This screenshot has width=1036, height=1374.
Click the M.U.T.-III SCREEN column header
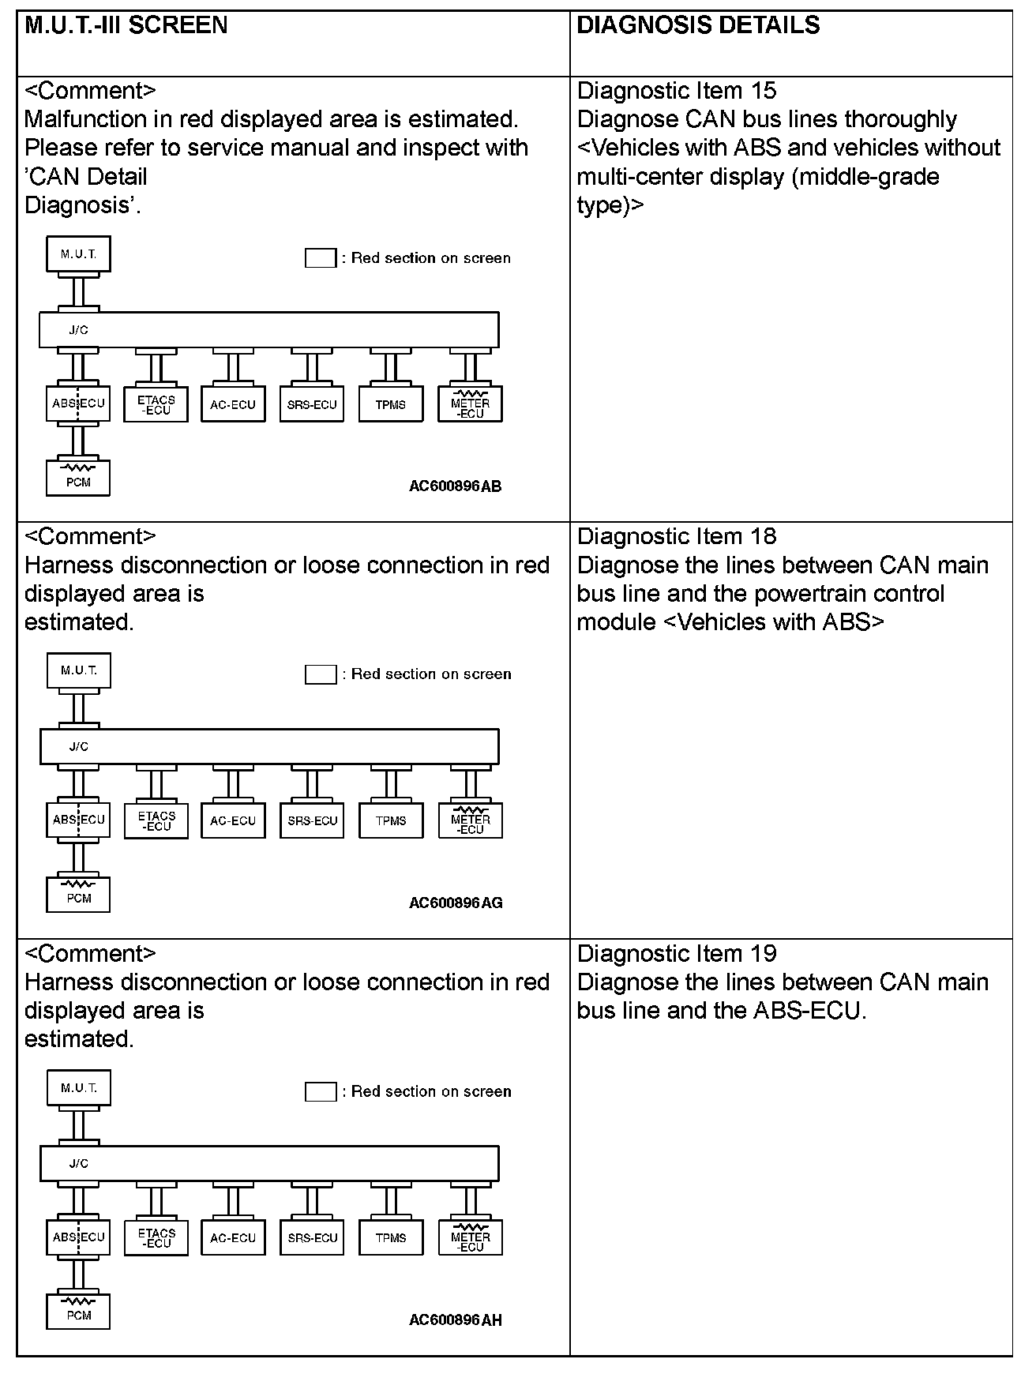[126, 25]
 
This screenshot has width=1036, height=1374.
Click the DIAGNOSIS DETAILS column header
[698, 25]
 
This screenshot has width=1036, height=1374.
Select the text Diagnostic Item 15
[677, 91]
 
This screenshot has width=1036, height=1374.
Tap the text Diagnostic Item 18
[677, 537]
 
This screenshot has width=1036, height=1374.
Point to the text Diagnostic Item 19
[677, 954]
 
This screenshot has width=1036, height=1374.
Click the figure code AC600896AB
[455, 486]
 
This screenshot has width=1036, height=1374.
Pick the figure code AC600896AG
[456, 903]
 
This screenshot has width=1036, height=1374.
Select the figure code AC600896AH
[456, 1320]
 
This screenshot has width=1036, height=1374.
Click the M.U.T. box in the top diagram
[78, 254]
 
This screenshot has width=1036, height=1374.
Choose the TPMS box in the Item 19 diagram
[391, 1238]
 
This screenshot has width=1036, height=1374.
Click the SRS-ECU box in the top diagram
[312, 404]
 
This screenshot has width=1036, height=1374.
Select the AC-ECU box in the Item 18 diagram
[233, 820]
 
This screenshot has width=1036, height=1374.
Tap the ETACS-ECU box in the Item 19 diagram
[156, 1238]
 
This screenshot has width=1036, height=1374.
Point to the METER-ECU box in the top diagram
[470, 404]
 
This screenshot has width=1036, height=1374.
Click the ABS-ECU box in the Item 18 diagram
[78, 820]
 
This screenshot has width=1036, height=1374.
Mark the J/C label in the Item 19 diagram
[78, 1163]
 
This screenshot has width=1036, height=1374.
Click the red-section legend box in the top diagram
[321, 258]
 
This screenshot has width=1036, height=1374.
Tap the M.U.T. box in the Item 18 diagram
[78, 671]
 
